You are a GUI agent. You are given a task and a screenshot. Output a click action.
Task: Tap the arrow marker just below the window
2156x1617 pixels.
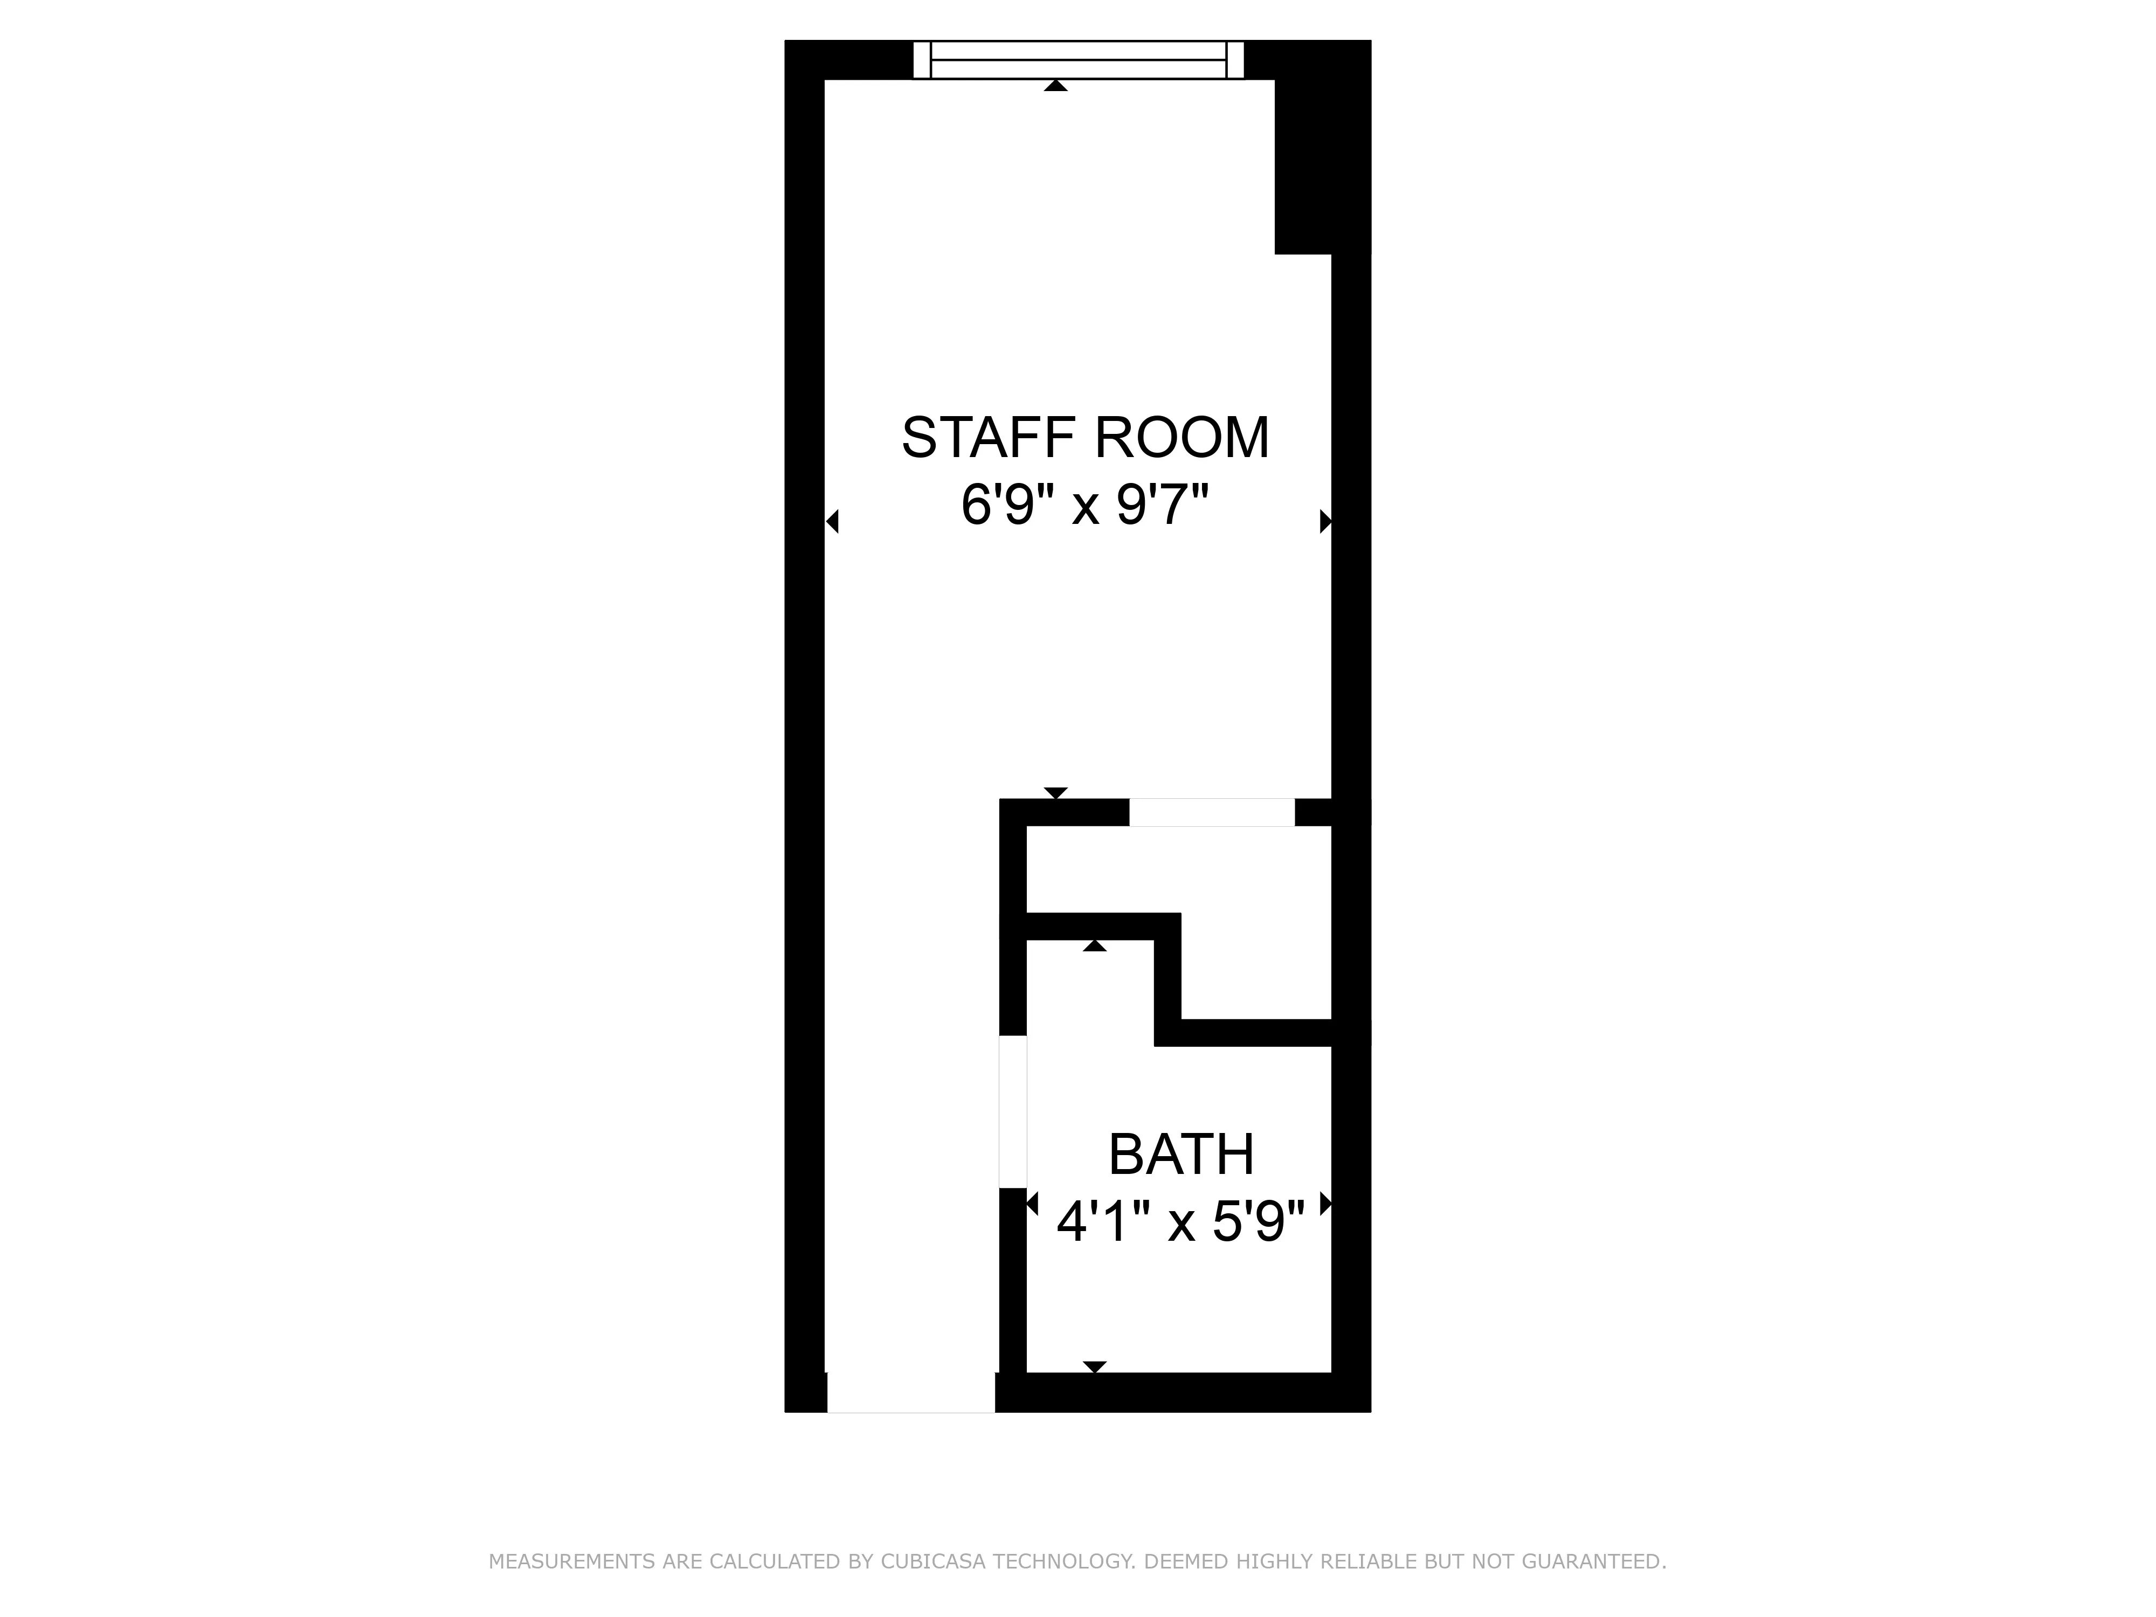coord(1055,86)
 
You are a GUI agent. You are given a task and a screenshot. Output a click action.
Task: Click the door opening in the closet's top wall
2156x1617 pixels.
coord(1212,812)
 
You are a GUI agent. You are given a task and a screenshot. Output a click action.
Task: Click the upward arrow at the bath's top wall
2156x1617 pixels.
coord(1095,945)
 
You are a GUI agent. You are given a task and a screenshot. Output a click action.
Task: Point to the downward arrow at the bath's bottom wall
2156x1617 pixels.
coord(1095,1366)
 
